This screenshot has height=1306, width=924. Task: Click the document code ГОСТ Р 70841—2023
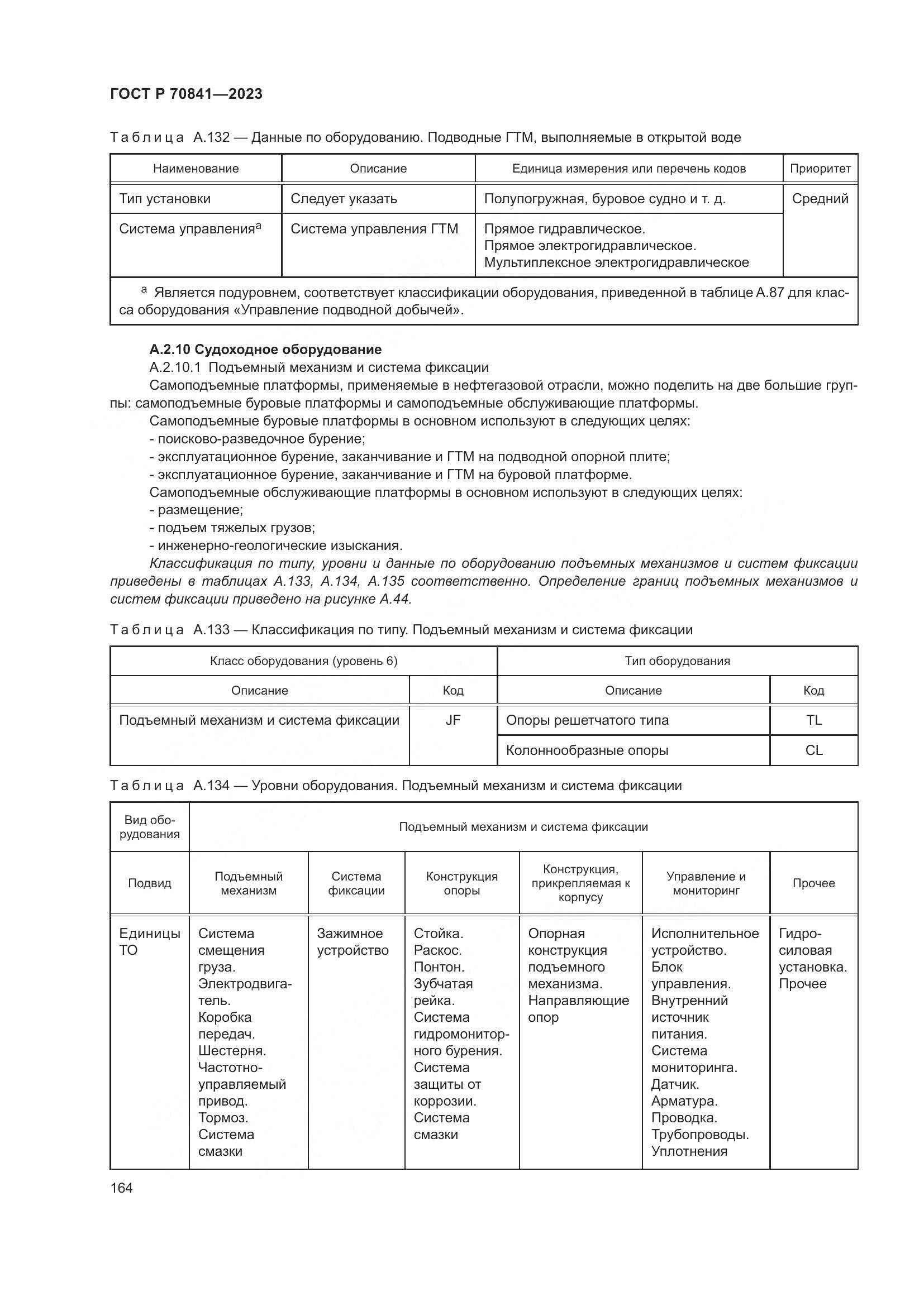(186, 94)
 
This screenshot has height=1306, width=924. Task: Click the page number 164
(121, 1188)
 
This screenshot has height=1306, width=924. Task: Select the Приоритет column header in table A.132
(820, 169)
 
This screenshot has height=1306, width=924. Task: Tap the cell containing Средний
(820, 199)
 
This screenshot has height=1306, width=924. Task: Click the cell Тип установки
(165, 199)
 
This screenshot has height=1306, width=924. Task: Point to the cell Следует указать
(344, 199)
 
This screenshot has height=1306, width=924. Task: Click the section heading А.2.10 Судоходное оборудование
(265, 349)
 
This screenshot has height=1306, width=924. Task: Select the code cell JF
(453, 720)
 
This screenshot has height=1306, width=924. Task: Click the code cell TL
(813, 720)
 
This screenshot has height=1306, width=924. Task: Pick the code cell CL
(813, 750)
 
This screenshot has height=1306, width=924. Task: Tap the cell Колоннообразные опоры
(587, 750)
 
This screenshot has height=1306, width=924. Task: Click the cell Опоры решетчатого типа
(587, 720)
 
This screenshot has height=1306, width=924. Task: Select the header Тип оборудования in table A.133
(677, 661)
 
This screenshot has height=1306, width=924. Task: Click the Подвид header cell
(150, 883)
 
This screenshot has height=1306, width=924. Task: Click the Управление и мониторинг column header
(706, 883)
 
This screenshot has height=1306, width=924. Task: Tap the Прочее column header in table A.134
(813, 883)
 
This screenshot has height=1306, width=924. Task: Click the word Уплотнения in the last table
(689, 1151)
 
